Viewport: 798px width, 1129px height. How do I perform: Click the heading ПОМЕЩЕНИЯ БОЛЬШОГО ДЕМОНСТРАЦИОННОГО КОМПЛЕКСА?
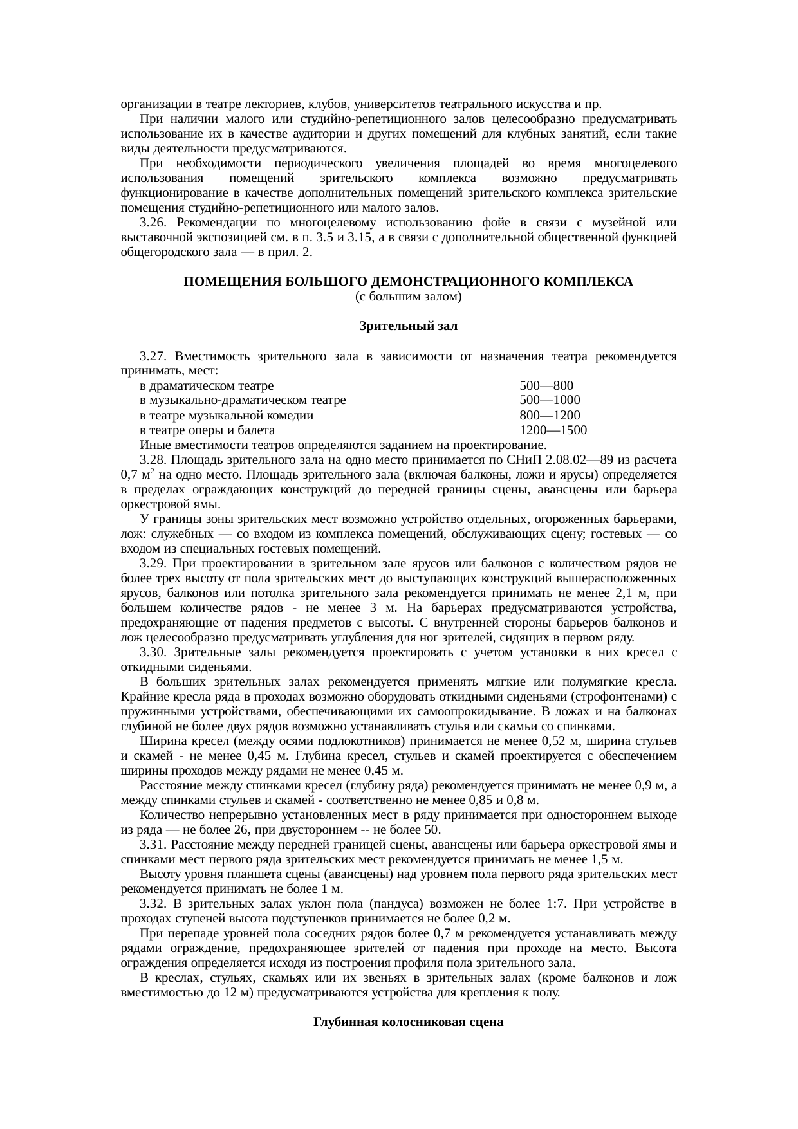408,282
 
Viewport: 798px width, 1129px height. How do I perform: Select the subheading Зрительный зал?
408,326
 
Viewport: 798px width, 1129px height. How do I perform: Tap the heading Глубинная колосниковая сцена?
408,1022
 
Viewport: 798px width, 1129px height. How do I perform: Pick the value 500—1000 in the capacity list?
550,400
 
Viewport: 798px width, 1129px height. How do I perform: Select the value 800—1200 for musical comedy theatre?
550,415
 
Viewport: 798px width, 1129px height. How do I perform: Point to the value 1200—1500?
553,430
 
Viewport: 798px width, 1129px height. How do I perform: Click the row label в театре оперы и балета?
207,430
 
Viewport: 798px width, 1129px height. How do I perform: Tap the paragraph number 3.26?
153,223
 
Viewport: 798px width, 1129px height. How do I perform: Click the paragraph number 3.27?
153,356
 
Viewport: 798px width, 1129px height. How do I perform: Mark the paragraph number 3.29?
153,564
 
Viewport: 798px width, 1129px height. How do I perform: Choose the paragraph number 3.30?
153,652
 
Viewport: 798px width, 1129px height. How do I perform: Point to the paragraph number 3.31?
153,844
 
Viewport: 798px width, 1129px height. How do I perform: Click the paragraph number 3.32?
153,903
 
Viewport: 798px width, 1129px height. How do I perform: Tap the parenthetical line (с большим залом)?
408,297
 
